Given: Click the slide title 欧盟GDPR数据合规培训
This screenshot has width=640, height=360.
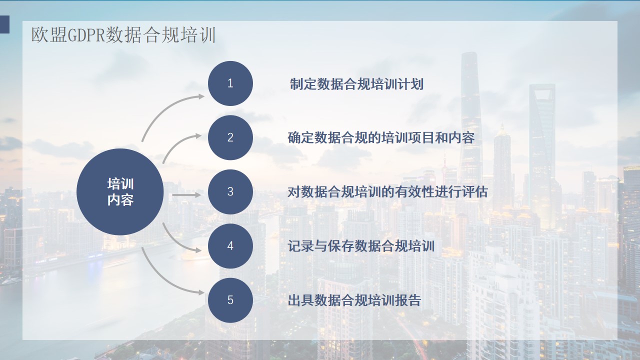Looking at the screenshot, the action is pos(123,35).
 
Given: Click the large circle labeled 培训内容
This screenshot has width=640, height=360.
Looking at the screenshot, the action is pos(120,191).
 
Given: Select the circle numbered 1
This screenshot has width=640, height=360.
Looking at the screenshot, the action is pos(230,83).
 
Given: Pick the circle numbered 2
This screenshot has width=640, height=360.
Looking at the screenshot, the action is pos(230,137).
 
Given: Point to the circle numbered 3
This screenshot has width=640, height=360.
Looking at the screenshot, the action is pos(230,191).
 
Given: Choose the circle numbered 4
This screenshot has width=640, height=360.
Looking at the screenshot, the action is pos(230,246).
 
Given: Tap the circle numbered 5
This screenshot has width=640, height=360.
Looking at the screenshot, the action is pos(230,300).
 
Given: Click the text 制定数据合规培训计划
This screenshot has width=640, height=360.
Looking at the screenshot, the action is pos(356,84).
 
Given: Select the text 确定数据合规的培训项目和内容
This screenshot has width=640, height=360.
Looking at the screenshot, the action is pos(381,137).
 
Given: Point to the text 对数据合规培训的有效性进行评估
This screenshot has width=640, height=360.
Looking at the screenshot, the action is pos(387,191).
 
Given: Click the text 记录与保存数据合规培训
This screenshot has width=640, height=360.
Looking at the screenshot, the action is pos(361,246).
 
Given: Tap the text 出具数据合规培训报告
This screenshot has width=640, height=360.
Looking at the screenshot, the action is pos(354,300).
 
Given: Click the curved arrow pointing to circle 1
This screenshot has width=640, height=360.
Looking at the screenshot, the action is pos(165,109).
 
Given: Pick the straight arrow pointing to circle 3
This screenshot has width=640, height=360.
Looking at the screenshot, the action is pos(187,195).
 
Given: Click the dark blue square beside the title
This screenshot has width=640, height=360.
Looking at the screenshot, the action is pos(4,24).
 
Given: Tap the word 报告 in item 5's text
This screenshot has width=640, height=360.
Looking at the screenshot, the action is pos(408,300).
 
